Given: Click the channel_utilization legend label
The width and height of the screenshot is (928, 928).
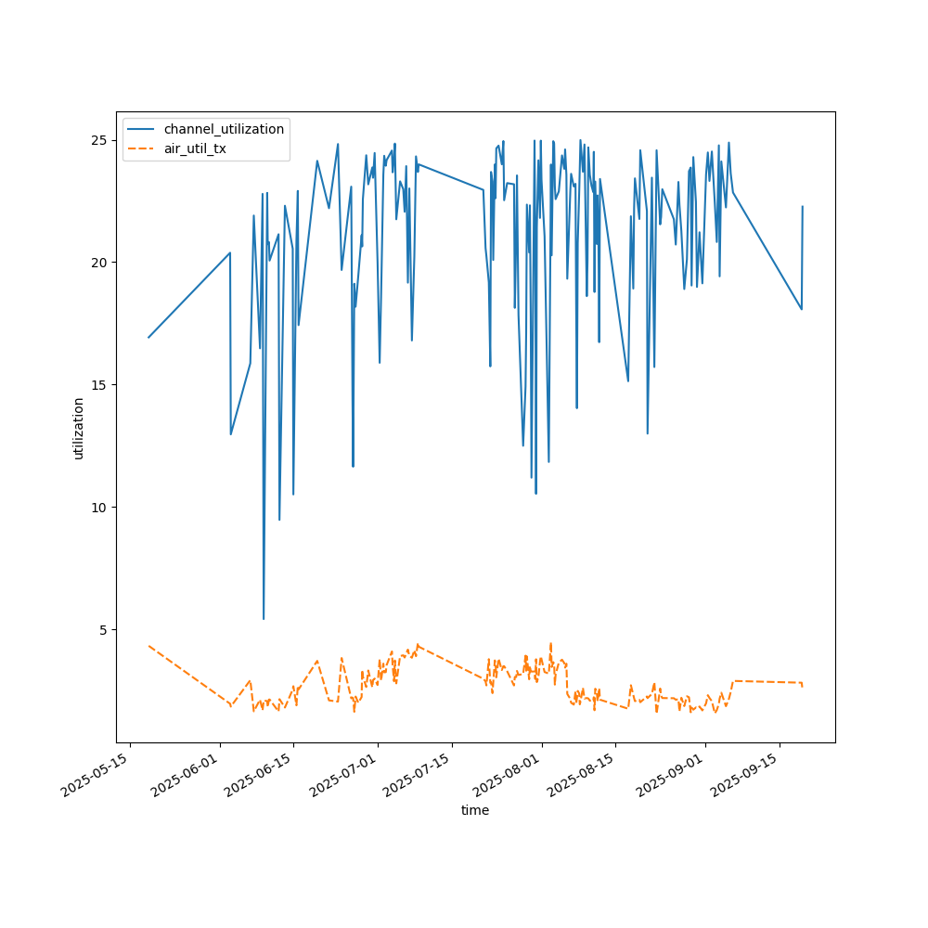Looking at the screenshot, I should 224,129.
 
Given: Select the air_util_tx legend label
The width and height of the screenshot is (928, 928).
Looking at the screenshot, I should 195,148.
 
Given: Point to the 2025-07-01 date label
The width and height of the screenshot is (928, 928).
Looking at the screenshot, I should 344,777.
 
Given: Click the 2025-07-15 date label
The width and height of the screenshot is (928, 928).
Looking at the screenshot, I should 419,777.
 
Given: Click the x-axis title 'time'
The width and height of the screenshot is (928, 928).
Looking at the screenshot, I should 475,810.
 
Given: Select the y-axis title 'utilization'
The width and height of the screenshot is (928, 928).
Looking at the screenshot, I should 79,428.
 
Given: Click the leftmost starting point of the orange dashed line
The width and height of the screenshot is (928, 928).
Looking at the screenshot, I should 148,646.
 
